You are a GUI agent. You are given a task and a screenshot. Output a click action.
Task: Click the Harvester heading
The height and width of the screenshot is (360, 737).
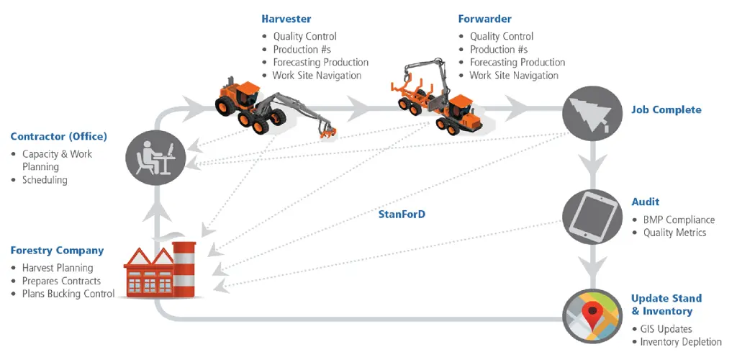(x=286, y=19)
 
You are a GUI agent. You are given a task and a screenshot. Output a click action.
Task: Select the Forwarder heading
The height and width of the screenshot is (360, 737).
(x=484, y=19)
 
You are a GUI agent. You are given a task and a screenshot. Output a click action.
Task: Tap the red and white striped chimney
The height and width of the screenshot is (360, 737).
(x=184, y=269)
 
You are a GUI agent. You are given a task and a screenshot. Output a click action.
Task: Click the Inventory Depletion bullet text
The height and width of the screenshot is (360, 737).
(x=681, y=342)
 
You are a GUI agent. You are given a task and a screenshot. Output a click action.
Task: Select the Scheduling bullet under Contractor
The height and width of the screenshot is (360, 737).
(x=45, y=180)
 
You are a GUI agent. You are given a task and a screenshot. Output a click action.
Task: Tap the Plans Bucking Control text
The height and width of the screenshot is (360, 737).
(x=68, y=294)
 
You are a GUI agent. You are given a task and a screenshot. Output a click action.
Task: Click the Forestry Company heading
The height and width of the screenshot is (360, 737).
(x=57, y=251)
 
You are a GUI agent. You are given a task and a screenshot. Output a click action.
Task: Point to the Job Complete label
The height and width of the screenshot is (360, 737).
(x=666, y=110)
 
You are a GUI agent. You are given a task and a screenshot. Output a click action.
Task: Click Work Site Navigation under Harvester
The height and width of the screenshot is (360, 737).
(x=317, y=75)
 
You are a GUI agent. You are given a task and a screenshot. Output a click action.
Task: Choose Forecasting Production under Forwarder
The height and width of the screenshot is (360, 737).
(x=517, y=62)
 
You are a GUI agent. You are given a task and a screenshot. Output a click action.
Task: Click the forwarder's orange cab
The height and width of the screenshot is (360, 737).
(x=458, y=107)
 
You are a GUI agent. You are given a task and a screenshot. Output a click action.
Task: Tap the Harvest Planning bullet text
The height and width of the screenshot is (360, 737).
(x=58, y=268)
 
